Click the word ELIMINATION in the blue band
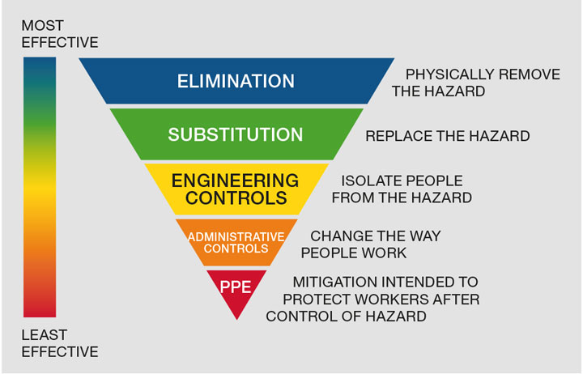(x=236, y=82)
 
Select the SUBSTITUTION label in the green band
(x=236, y=134)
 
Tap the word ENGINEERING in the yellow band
(x=236, y=180)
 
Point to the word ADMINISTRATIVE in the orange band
(x=236, y=236)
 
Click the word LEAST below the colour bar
(x=44, y=334)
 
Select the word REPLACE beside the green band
(x=396, y=136)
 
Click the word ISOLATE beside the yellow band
(x=369, y=181)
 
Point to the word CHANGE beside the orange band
(x=340, y=236)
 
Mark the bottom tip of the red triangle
(x=236, y=319)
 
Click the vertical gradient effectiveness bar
(x=39, y=186)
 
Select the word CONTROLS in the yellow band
(x=236, y=197)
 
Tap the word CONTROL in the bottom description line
(x=302, y=317)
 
